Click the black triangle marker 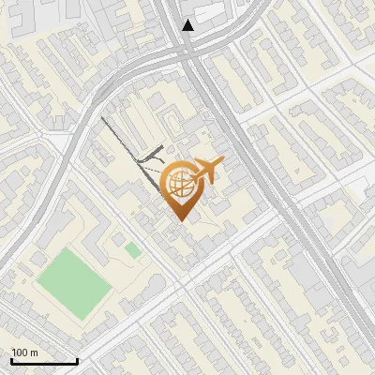pyautogui.click(x=188, y=25)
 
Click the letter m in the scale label pyautogui.click(x=34, y=352)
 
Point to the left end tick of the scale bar pyautogui.click(x=11, y=361)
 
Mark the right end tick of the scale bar pyautogui.click(x=77, y=361)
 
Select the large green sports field pyautogui.click(x=75, y=280)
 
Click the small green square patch pyautogui.click(x=133, y=250)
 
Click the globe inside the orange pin pyautogui.click(x=181, y=184)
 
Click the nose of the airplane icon pyautogui.click(x=223, y=163)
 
